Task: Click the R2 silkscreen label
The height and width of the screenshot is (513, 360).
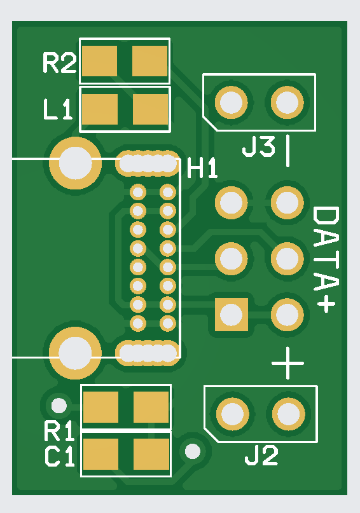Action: (60, 63)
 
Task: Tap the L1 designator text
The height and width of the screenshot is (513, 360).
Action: (58, 109)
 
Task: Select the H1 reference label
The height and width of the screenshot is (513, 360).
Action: (202, 168)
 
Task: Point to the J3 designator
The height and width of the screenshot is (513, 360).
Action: (258, 147)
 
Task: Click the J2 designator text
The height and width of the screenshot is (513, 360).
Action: (261, 455)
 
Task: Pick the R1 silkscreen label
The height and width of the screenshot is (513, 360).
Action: (60, 432)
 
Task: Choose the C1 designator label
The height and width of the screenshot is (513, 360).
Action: (60, 456)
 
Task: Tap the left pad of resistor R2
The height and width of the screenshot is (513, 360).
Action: (99, 61)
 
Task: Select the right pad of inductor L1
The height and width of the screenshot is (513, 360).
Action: (151, 109)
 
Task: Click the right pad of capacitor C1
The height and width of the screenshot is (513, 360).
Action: (151, 454)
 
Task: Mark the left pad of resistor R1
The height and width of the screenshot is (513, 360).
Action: (100, 407)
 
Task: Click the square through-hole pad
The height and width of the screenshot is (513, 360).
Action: (232, 315)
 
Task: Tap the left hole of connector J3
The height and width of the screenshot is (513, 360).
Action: (232, 102)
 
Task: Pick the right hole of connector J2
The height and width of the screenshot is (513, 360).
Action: (289, 414)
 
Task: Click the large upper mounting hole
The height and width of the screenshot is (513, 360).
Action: (75, 163)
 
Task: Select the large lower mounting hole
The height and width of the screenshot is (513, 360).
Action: (75, 353)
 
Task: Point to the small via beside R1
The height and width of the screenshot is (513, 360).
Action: (59, 406)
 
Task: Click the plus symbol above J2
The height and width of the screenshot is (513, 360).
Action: (287, 363)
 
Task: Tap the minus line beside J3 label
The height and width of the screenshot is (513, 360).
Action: (287, 151)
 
